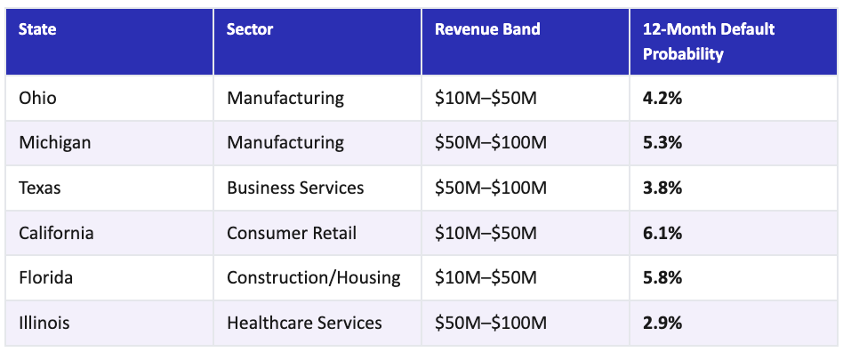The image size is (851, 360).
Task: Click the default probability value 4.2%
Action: [662, 98]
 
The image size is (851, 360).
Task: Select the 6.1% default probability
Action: [662, 233]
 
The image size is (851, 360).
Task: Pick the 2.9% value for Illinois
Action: [662, 323]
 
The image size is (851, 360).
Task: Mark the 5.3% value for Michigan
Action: [662, 142]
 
